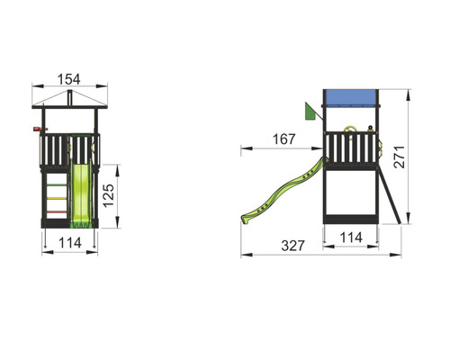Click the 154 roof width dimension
coord(69,79)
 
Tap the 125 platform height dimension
coord(108,195)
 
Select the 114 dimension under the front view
coord(70,243)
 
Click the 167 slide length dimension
coord(283,139)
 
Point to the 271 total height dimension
coord(400,157)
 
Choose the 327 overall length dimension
coord(292,246)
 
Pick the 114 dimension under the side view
coord(351,238)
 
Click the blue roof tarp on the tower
coord(351,98)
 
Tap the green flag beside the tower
coord(310,112)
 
